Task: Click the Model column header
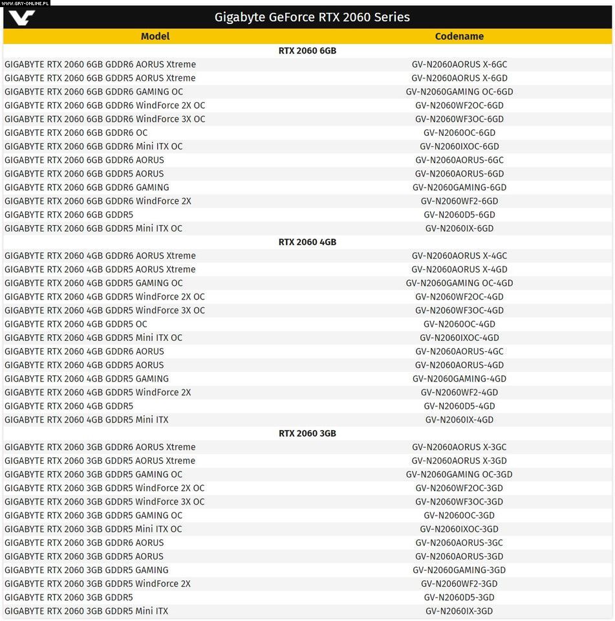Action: coord(155,36)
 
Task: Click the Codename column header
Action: coord(459,36)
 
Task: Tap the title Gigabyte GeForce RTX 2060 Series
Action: coord(312,17)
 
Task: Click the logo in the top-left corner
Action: coord(22,17)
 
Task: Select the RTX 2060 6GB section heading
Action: coord(307,50)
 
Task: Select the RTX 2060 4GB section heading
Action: coord(307,242)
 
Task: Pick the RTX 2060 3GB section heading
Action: coord(307,433)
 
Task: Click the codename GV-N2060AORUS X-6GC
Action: coord(459,65)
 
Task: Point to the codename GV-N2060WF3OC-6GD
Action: coord(459,119)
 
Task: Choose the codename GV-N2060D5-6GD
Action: coord(459,215)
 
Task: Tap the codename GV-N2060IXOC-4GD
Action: coord(459,338)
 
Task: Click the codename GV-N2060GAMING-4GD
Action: coord(459,379)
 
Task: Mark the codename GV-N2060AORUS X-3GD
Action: coord(459,461)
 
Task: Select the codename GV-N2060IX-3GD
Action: coord(459,611)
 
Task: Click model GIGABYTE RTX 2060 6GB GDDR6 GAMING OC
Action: coord(94,92)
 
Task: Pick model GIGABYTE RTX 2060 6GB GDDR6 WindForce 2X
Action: coord(98,201)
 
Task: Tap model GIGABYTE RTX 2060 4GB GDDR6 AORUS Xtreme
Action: coord(100,256)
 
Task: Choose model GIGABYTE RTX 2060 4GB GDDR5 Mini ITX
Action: coord(86,420)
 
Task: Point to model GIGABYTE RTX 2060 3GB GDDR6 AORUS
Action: coord(84,543)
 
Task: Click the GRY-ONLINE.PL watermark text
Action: coord(26,3)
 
